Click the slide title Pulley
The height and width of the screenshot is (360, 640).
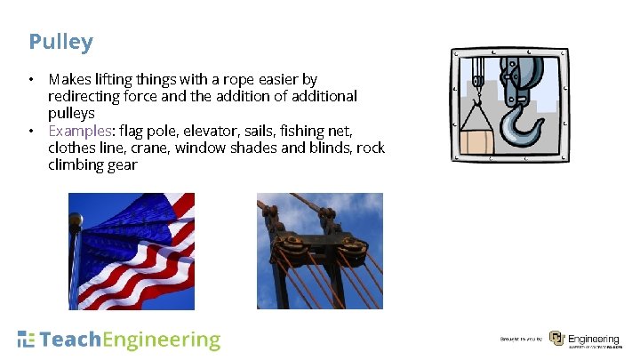pyautogui.click(x=60, y=42)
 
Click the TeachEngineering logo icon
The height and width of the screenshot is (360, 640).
pyautogui.click(x=27, y=340)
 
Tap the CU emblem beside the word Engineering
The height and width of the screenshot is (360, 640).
pyautogui.click(x=556, y=339)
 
